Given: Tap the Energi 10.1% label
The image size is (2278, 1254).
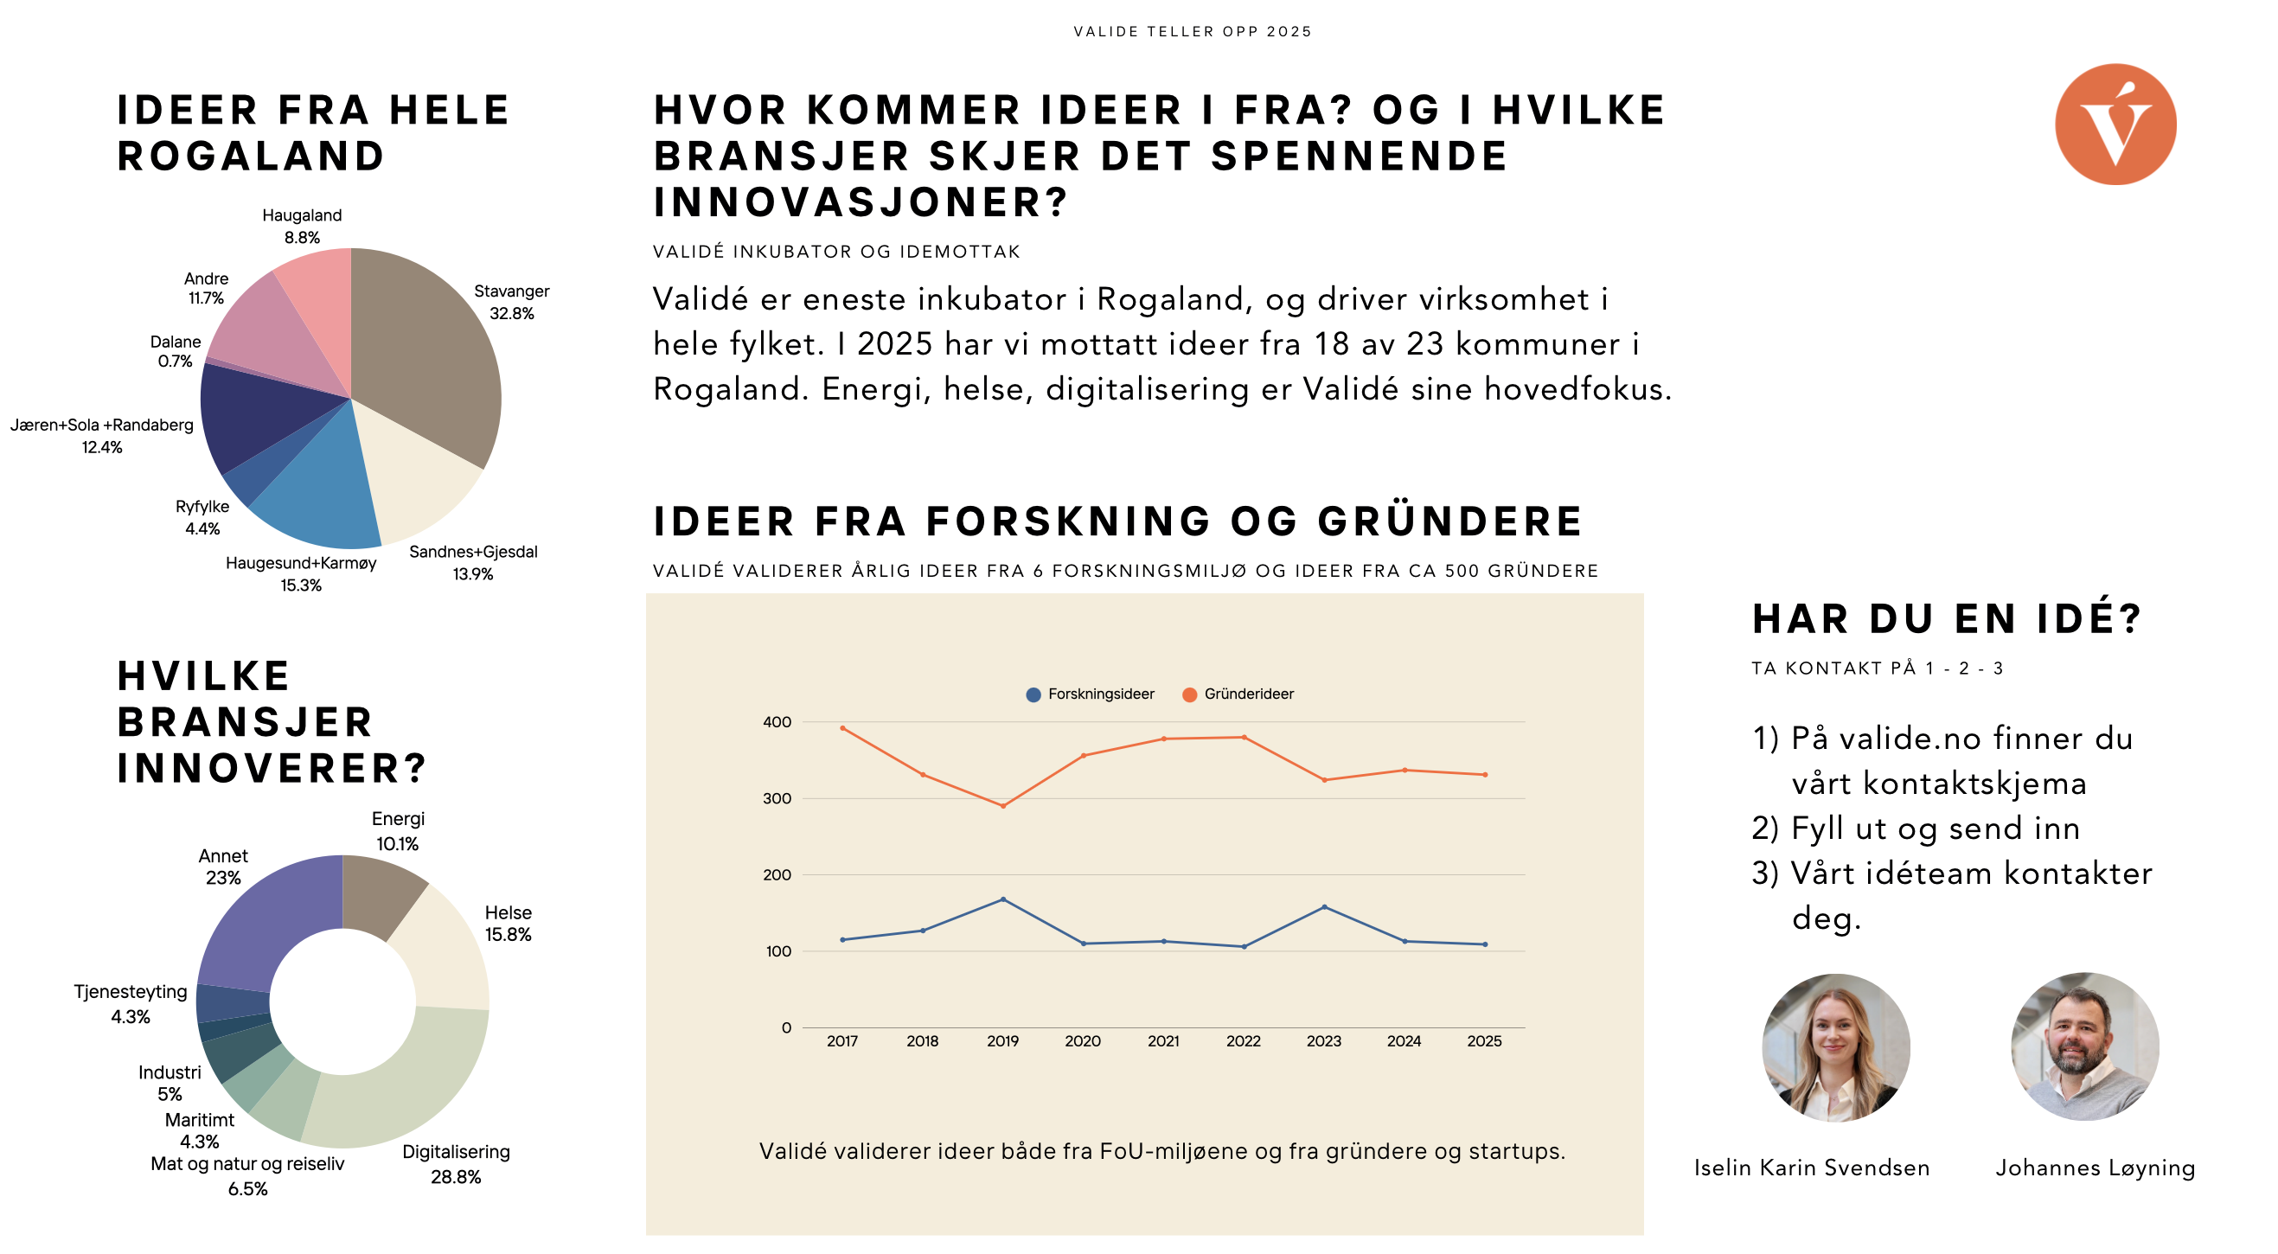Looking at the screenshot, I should pyautogui.click(x=398, y=831).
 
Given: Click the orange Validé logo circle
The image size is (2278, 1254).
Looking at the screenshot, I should pyautogui.click(x=2115, y=125).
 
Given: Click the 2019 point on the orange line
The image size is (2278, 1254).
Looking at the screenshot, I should pyautogui.click(x=1003, y=807).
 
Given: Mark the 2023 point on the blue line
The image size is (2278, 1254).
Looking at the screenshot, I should pyautogui.click(x=1324, y=907).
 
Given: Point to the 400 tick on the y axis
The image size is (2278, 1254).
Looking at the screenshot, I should pyautogui.click(x=777, y=722).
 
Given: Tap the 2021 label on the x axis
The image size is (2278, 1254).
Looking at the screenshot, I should pyautogui.click(x=1163, y=1042).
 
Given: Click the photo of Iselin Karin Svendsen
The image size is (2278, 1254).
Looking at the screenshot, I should pyautogui.click(x=1836, y=1048).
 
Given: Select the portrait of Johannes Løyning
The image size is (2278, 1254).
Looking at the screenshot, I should pyautogui.click(x=2084, y=1048).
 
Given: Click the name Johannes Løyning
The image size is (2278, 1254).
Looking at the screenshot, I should pyautogui.click(x=2095, y=1168).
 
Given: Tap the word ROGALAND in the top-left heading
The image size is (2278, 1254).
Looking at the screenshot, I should pyautogui.click(x=251, y=157).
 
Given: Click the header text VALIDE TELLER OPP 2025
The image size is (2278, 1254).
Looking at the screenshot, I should pyautogui.click(x=1192, y=32).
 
